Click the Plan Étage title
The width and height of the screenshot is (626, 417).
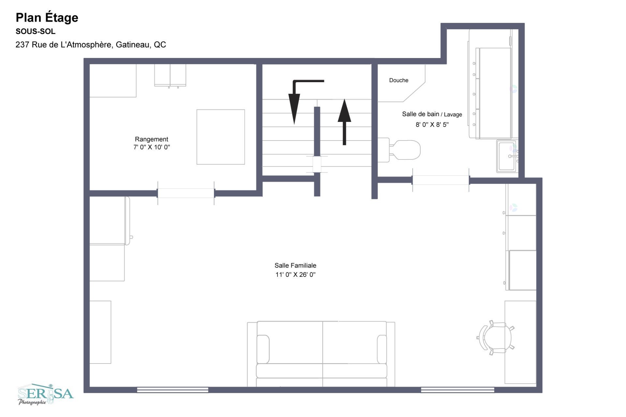(x=47, y=18)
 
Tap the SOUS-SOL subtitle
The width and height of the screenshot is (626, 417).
(x=36, y=32)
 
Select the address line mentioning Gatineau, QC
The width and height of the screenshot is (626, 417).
(x=91, y=45)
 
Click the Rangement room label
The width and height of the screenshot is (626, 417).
(x=152, y=139)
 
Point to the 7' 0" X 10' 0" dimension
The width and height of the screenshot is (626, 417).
(x=152, y=147)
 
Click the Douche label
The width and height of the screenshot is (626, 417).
(x=399, y=80)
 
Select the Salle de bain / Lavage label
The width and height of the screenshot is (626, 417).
(x=432, y=114)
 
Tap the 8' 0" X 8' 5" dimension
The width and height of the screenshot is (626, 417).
(x=432, y=125)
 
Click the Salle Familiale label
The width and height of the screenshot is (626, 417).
(x=295, y=265)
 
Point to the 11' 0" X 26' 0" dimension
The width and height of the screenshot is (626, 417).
(x=295, y=275)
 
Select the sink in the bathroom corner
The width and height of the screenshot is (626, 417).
(x=507, y=156)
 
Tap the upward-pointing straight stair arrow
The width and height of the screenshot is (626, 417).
(x=344, y=122)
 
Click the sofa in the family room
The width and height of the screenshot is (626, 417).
(x=321, y=354)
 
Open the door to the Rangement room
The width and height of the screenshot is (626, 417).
(x=186, y=193)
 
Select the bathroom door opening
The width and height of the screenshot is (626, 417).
(x=441, y=180)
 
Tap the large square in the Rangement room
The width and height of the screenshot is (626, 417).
(x=221, y=137)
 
